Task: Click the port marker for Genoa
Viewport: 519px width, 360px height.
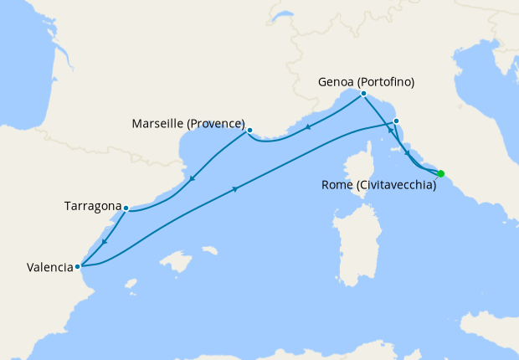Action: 363,94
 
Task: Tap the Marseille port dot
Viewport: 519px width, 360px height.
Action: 249,131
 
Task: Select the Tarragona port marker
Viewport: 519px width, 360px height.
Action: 126,208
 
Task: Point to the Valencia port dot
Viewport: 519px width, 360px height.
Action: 78,267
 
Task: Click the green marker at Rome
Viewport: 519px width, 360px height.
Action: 441,174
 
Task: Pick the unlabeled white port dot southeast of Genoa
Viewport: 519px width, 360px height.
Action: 396,121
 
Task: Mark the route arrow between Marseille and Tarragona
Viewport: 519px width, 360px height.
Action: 192,178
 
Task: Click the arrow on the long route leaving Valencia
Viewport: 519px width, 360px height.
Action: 234,189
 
